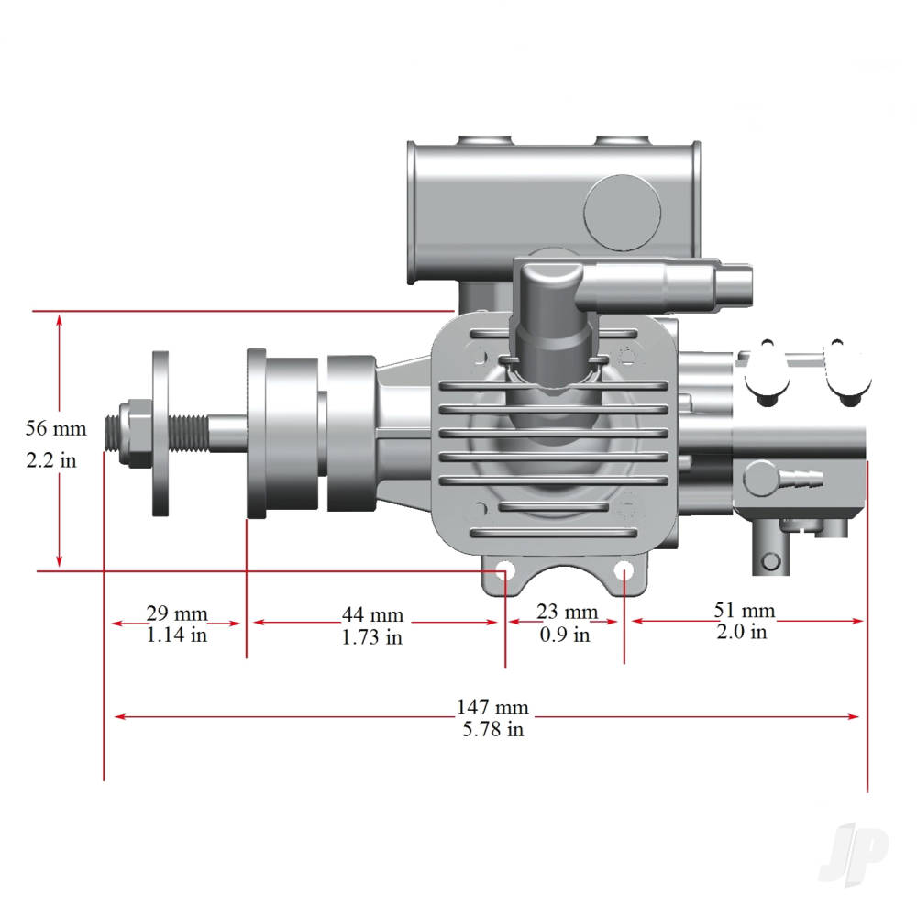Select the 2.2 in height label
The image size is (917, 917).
[x=51, y=460]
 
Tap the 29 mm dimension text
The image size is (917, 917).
[x=177, y=613]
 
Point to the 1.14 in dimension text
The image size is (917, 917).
[x=177, y=635]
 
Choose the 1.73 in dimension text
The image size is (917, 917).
[x=372, y=637]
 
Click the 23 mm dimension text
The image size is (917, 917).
[x=567, y=612]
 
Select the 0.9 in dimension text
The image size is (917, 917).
[x=565, y=635]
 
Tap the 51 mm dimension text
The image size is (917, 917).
[x=744, y=611]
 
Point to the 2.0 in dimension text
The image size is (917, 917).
[x=743, y=632]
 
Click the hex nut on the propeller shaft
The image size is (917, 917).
[x=136, y=428]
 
